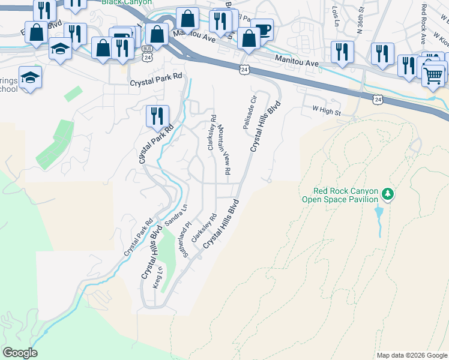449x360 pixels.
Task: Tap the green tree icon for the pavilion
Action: point(388,193)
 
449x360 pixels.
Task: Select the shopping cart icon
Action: point(433,76)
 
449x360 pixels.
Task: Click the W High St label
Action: point(326,110)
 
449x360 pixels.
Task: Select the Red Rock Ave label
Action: point(423,18)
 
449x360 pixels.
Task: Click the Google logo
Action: point(20,352)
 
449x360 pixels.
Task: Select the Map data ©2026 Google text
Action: point(411,355)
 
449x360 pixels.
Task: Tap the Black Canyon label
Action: point(127,2)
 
